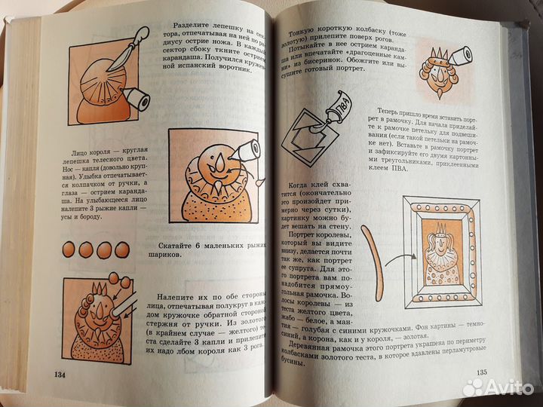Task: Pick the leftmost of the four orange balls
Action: click(67, 249)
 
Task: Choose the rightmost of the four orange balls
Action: click(124, 249)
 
